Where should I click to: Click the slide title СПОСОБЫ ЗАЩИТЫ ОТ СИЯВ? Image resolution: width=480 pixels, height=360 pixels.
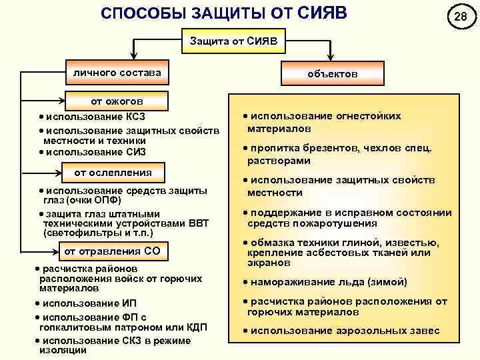pos(224,14)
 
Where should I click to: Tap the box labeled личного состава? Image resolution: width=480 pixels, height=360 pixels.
pos(117,71)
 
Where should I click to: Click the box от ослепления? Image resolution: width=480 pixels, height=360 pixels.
pos(113,173)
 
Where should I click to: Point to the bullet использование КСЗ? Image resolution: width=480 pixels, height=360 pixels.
pos(90,117)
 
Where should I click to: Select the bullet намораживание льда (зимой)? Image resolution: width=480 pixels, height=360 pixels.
pos(327,282)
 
